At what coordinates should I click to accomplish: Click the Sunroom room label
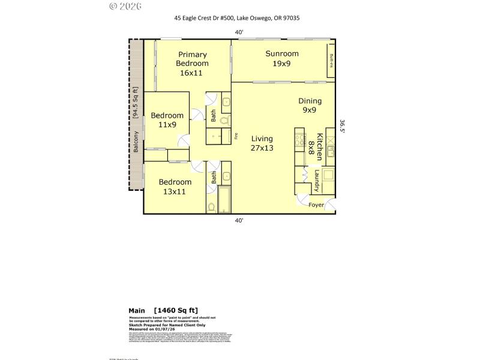click(x=282, y=54)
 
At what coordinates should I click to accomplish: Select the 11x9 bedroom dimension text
click(x=167, y=125)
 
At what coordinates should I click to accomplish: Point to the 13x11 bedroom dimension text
click(x=175, y=191)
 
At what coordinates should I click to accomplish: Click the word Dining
click(x=310, y=101)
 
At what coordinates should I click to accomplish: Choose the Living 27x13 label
click(x=262, y=143)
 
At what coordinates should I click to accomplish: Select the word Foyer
click(x=316, y=205)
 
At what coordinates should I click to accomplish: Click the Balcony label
click(x=136, y=141)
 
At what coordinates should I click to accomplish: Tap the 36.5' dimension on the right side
click(x=343, y=128)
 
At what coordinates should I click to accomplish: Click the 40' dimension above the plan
click(x=239, y=32)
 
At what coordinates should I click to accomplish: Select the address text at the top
click(x=237, y=18)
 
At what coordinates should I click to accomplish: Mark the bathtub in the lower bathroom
click(x=223, y=200)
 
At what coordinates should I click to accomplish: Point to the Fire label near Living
click(x=236, y=135)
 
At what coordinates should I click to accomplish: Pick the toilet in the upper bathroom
click(x=224, y=122)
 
